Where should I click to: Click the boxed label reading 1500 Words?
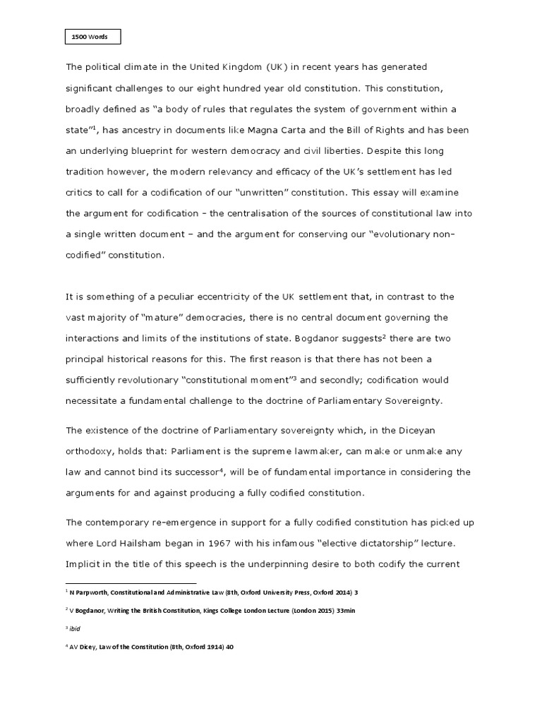click(x=92, y=36)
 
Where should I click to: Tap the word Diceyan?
click(x=402, y=430)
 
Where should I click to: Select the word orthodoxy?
click(x=91, y=451)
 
